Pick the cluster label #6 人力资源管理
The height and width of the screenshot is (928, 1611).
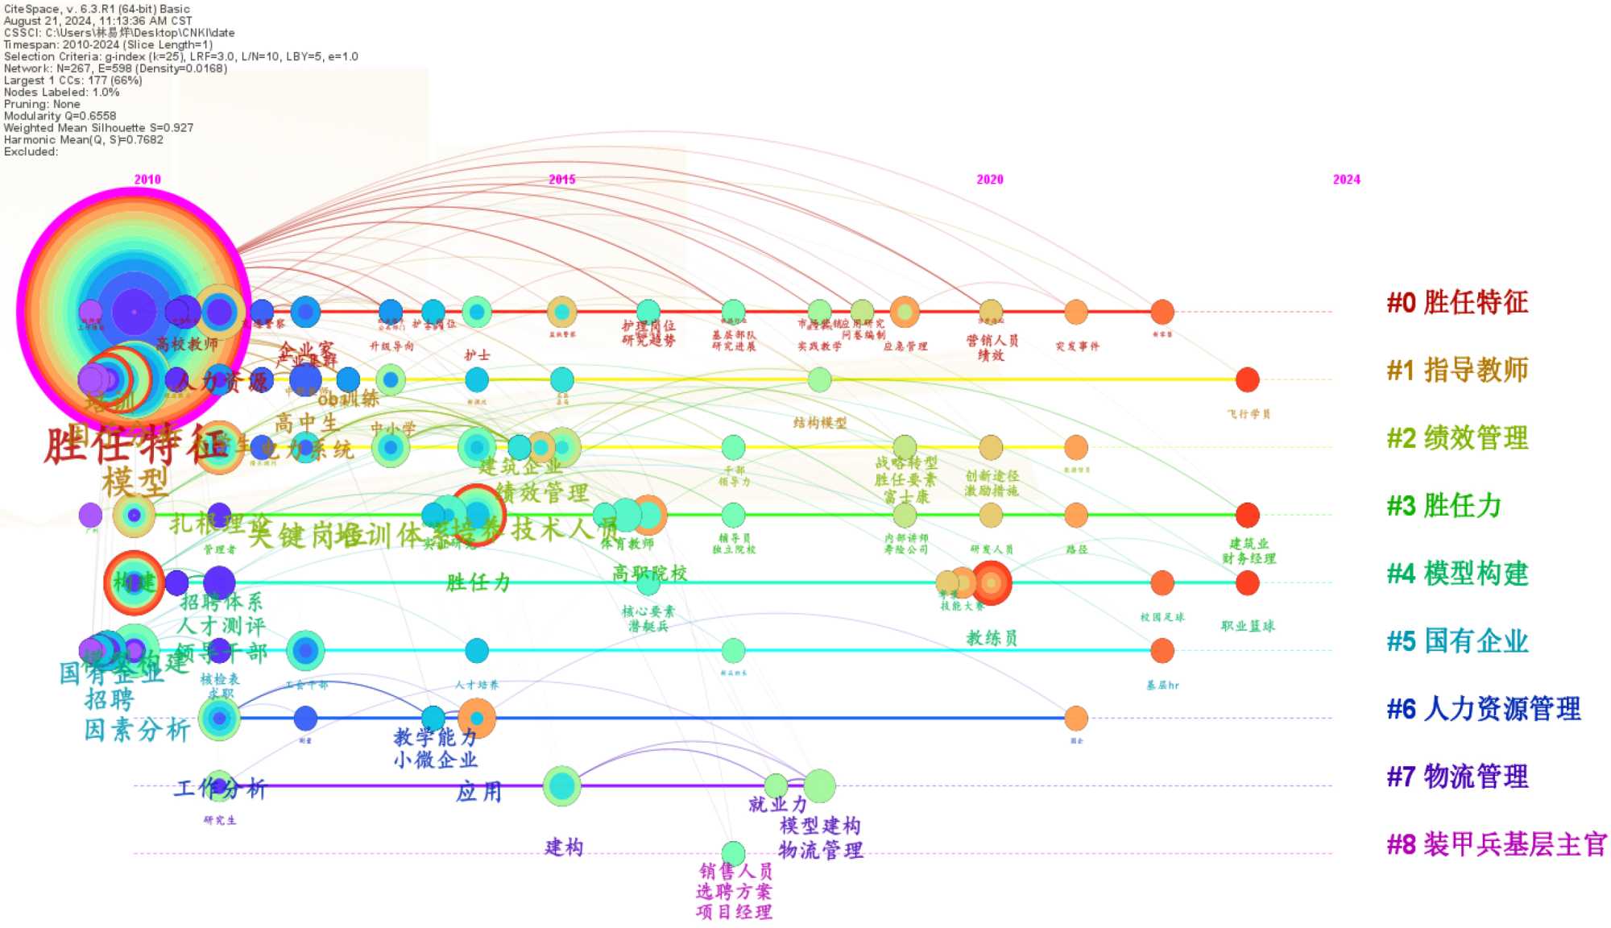1483,709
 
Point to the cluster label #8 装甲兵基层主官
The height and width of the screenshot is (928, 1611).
1496,844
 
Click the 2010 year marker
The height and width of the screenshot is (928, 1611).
147,180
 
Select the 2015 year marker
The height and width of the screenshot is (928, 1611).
562,180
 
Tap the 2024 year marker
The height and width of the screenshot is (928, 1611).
1346,180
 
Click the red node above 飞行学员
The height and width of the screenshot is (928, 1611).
1247,379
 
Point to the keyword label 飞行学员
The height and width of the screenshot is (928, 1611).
1249,414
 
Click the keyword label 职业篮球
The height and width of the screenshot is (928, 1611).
1248,626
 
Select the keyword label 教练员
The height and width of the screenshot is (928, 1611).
992,638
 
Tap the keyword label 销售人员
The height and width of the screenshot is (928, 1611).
735,871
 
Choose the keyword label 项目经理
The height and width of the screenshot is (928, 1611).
734,912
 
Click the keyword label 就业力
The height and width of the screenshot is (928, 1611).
777,804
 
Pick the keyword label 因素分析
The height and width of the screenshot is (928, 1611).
137,731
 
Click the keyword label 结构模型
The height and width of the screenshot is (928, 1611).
819,423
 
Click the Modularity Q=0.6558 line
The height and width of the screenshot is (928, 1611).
60,116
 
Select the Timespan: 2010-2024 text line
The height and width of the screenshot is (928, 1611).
108,45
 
